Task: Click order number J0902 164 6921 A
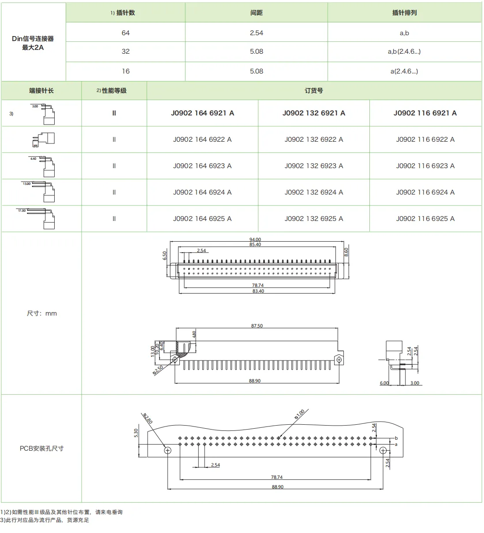click(202, 113)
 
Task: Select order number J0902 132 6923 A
click(313, 166)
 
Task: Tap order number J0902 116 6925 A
click(425, 219)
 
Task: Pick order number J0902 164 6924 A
click(202, 192)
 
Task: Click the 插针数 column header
click(125, 13)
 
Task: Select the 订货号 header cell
click(313, 91)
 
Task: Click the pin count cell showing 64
click(126, 33)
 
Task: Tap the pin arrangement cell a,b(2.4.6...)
click(404, 51)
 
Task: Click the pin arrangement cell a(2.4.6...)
click(404, 71)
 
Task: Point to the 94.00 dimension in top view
click(255, 240)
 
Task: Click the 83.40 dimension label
click(258, 291)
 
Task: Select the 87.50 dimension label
click(257, 326)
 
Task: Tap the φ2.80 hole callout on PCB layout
click(148, 419)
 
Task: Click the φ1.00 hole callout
click(300, 415)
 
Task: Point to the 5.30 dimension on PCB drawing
click(136, 433)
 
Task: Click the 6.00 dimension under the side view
click(384, 383)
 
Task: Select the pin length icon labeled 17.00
click(41, 218)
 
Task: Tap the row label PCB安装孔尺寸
click(41, 448)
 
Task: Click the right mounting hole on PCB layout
click(383, 450)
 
